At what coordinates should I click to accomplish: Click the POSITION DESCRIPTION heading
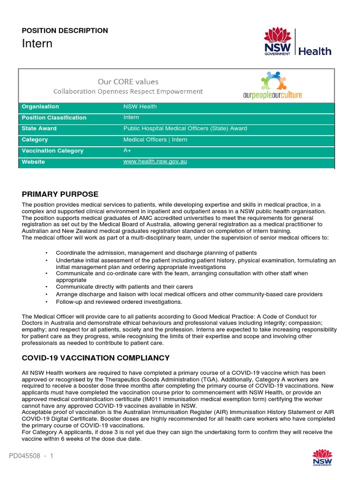pyautogui.click(x=65, y=30)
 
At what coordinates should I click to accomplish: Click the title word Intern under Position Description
pyautogui.click(x=37, y=44)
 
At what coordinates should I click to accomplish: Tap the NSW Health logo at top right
pyautogui.click(x=297, y=42)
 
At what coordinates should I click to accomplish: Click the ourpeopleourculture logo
pyautogui.click(x=272, y=85)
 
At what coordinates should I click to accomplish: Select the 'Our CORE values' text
pyautogui.click(x=128, y=82)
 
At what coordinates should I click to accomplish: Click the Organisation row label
pyautogui.click(x=40, y=107)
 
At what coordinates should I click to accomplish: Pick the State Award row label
pyautogui.click(x=39, y=128)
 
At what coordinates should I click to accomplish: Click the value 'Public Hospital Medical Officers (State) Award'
pyautogui.click(x=185, y=128)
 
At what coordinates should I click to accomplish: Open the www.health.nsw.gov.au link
pyautogui.click(x=155, y=162)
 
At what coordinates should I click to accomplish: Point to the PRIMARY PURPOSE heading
pyautogui.click(x=60, y=194)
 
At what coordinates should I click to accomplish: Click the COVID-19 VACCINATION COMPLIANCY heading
pyautogui.click(x=96, y=358)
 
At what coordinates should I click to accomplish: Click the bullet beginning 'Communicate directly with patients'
pyautogui.click(x=124, y=287)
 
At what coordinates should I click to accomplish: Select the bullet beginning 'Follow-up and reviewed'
pyautogui.click(x=119, y=302)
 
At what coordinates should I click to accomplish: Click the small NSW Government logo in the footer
pyautogui.click(x=322, y=458)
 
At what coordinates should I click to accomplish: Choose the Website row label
pyautogui.click(x=33, y=162)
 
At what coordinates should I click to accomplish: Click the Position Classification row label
pyautogui.click(x=54, y=118)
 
